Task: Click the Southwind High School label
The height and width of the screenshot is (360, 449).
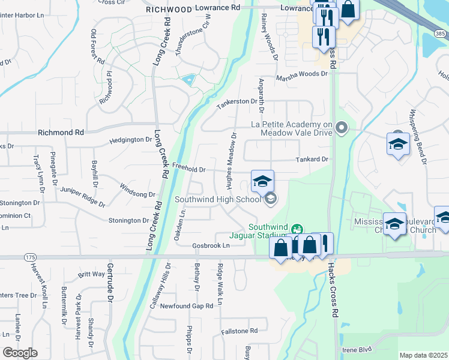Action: click(x=218, y=199)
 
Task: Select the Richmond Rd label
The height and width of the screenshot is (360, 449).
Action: click(x=61, y=132)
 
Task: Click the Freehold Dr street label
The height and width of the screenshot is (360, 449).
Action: click(x=188, y=169)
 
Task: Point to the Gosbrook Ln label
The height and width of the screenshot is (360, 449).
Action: click(x=211, y=246)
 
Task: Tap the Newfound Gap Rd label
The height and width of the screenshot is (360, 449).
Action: click(x=186, y=306)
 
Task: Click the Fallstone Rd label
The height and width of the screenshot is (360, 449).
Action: click(x=239, y=331)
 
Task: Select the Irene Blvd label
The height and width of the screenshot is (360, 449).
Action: click(x=357, y=349)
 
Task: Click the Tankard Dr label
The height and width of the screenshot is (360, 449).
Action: click(x=312, y=160)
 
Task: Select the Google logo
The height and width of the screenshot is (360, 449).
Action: click(x=20, y=352)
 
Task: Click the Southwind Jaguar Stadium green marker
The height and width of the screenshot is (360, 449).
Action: click(x=295, y=229)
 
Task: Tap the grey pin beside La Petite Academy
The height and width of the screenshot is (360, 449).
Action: click(x=342, y=127)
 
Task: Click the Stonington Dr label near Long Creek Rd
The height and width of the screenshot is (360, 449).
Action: click(x=128, y=221)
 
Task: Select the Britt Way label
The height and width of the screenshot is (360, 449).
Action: click(x=91, y=274)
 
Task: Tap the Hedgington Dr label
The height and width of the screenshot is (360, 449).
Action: click(x=131, y=140)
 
